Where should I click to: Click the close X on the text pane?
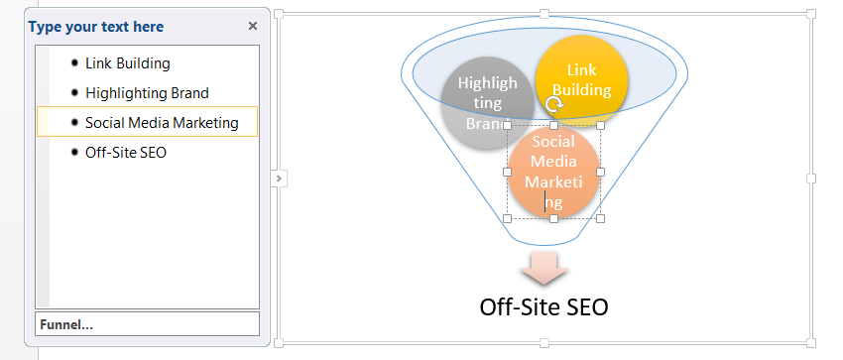253,27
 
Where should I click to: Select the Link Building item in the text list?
127,63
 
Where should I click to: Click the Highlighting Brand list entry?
147,93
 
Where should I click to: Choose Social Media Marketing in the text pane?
162,123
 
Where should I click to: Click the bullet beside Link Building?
74,62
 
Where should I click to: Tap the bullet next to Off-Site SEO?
74,152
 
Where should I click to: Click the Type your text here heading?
96,27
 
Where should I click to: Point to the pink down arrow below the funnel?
543,268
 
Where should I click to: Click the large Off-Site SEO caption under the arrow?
543,307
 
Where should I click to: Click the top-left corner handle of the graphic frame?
279,14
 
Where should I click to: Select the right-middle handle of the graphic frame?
810,179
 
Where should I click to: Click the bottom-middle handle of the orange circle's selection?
553,219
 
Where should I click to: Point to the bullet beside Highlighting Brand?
74,92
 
